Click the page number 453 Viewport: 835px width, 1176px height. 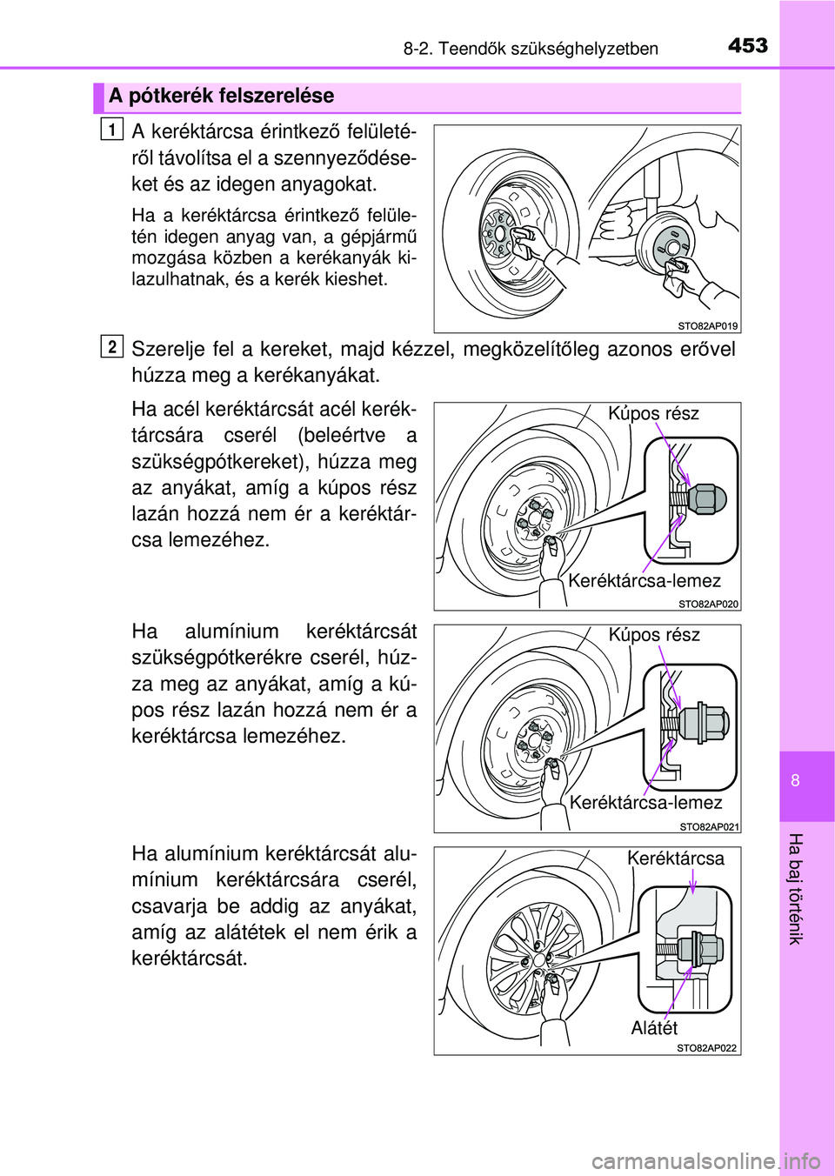747,45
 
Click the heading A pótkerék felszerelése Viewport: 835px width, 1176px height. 221,97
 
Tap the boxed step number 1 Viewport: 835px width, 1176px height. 111,130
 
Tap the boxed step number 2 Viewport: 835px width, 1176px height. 111,347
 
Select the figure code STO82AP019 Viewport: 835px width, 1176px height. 707,326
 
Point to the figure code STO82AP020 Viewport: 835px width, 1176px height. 708,604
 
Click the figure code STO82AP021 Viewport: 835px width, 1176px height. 709,826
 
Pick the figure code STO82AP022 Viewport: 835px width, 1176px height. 706,1048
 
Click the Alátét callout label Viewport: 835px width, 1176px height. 654,1028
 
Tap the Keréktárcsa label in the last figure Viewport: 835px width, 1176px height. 675,859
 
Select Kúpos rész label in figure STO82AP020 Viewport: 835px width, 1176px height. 653,413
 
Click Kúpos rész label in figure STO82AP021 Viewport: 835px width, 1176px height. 654,635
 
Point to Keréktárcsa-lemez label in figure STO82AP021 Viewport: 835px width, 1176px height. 645,803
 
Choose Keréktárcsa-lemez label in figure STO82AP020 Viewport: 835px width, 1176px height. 644,581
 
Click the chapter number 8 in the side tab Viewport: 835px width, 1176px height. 795,780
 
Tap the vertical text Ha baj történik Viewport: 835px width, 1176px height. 795,888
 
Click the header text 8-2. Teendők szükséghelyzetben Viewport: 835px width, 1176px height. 531,49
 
